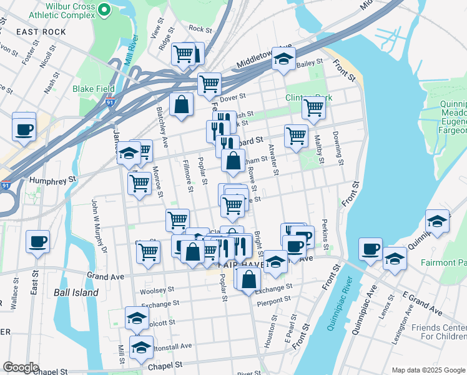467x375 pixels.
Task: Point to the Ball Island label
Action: point(76,292)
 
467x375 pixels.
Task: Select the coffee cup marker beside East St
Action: point(37,242)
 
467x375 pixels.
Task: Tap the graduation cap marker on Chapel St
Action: point(141,347)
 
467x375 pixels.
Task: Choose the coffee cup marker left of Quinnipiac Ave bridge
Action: point(370,249)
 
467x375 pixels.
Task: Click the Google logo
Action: point(21,367)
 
